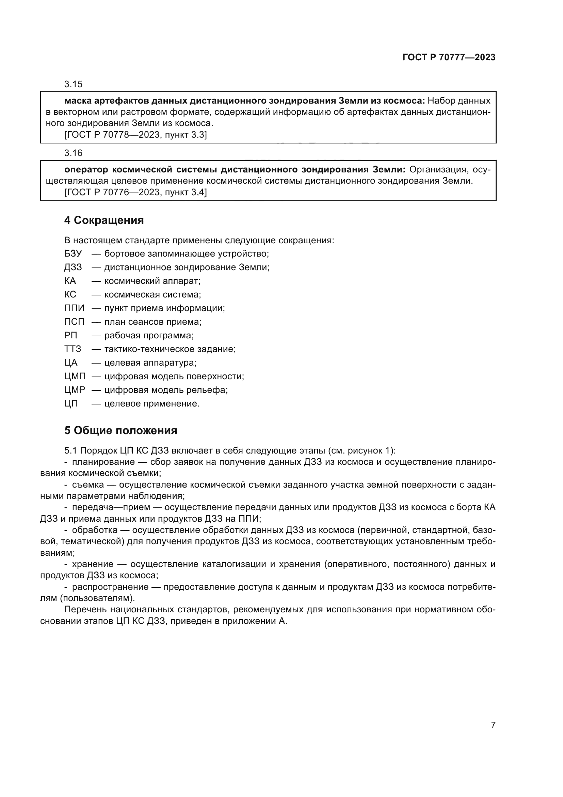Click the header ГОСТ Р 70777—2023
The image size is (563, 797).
[449, 58]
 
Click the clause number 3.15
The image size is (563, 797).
[73, 85]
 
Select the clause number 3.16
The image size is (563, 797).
[73, 153]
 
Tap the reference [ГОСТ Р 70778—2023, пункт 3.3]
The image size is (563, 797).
[135, 135]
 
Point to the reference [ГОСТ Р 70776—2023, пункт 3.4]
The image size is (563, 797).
[135, 192]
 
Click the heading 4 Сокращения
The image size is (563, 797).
[104, 220]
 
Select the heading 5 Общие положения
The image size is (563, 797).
[120, 430]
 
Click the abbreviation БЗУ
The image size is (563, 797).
[73, 254]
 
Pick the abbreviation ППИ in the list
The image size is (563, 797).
[74, 308]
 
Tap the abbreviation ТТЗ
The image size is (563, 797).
[73, 349]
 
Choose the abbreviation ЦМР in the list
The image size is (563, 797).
[74, 390]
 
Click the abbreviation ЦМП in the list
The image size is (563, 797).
[75, 377]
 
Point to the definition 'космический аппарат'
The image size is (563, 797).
[152, 281]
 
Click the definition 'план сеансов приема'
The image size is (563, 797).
[152, 322]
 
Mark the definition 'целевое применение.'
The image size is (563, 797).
[152, 404]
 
